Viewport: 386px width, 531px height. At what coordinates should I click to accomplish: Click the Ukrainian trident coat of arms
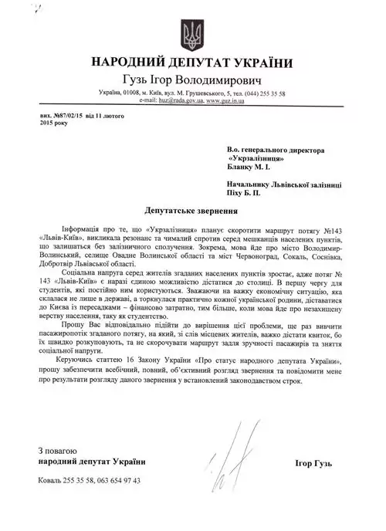(193, 33)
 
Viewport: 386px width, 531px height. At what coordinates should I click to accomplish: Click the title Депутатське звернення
(192, 210)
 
